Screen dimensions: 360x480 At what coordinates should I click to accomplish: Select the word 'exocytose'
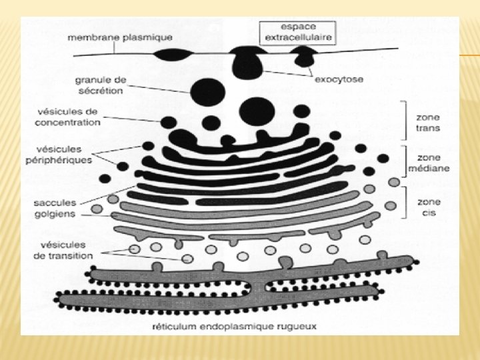(x=339, y=80)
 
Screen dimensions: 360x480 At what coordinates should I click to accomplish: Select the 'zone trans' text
(x=427, y=123)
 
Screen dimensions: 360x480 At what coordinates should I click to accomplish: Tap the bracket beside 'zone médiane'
(x=403, y=162)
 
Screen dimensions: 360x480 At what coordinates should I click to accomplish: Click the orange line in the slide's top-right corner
(x=469, y=55)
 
